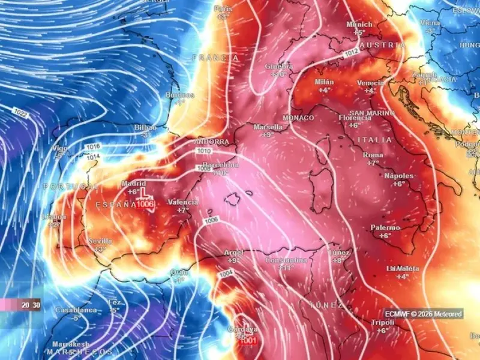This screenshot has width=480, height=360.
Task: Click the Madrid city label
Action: (x=133, y=184)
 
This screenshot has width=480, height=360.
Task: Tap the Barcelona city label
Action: (x=220, y=165)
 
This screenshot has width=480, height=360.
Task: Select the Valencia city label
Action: (x=183, y=202)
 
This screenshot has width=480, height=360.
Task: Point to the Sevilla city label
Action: (x=100, y=241)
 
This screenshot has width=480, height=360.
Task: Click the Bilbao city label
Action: (x=145, y=128)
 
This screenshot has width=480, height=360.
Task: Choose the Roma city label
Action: (x=373, y=155)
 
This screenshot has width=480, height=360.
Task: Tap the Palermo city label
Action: (x=385, y=228)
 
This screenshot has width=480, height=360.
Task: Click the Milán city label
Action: (x=325, y=82)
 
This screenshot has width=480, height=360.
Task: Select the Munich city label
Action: (x=359, y=25)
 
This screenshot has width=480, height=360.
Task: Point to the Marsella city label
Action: (x=268, y=127)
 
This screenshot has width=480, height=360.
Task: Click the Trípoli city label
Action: (x=383, y=323)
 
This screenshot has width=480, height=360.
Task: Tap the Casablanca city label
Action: (x=76, y=310)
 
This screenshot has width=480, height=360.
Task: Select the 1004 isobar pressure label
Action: (x=226, y=274)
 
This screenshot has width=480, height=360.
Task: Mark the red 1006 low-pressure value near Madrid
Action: (x=145, y=205)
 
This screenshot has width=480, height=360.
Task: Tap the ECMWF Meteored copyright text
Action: (x=424, y=314)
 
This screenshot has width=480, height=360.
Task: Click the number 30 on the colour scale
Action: (x=36, y=305)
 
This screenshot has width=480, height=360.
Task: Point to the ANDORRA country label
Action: (x=211, y=142)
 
